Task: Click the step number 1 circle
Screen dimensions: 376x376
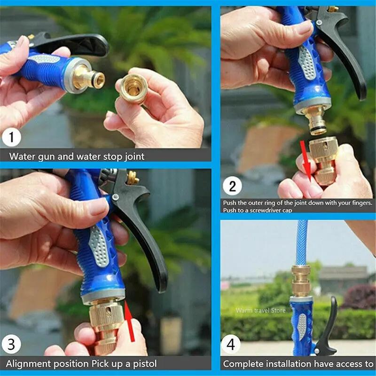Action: tap(11, 138)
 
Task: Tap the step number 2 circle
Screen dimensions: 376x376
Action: tap(232, 186)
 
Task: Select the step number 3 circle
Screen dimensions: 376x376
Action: tap(11, 345)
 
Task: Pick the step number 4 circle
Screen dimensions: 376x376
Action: tap(230, 345)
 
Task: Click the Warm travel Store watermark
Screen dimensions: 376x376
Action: tap(260, 310)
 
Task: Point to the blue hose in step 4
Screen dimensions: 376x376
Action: tap(302, 242)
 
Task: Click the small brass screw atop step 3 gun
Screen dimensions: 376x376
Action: tap(133, 178)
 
